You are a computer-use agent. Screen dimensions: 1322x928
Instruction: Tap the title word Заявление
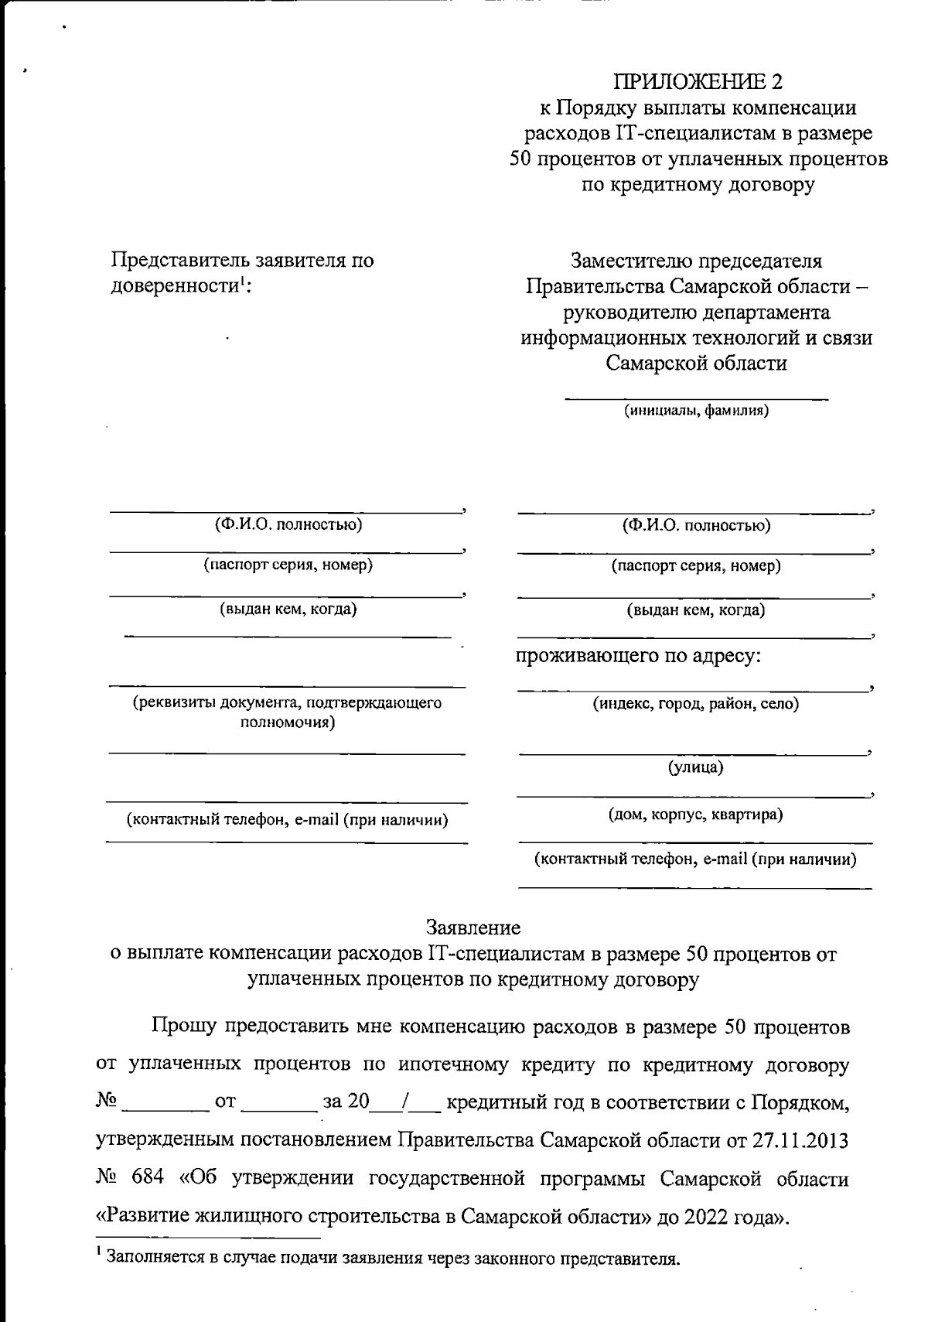click(x=473, y=927)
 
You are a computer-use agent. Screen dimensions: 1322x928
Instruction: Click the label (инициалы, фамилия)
click(x=696, y=411)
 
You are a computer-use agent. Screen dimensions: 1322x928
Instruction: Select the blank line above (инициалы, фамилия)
click(x=696, y=399)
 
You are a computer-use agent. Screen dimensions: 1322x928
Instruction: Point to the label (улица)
click(x=695, y=767)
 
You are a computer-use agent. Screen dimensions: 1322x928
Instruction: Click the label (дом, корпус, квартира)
click(x=695, y=814)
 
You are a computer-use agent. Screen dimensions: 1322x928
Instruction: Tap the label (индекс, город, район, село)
click(x=695, y=703)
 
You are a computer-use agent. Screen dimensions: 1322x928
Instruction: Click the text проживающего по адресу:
click(x=639, y=657)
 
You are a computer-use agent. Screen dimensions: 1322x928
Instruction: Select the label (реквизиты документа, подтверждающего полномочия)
click(x=287, y=712)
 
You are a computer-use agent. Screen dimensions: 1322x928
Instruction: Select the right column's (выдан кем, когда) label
click(x=695, y=610)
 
